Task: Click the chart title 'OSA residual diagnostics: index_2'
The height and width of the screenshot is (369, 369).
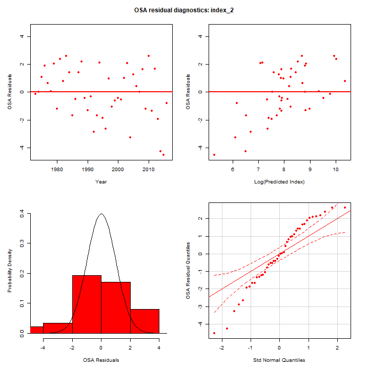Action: [x=184, y=10]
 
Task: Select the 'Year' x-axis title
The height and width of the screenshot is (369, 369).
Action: [x=101, y=181]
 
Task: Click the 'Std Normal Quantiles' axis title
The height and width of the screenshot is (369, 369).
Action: [x=279, y=360]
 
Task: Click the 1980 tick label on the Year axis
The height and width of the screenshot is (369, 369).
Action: [x=57, y=169]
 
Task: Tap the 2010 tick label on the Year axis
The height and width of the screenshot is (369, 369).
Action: [x=149, y=169]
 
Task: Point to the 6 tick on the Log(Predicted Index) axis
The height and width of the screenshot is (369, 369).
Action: [x=233, y=169]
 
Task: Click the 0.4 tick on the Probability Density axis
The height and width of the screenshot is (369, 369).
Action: [x=21, y=214]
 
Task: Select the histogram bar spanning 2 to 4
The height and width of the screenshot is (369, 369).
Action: [x=145, y=321]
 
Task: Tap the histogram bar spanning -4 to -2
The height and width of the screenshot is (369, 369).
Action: [x=58, y=328]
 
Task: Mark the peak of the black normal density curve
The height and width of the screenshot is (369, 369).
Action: [x=101, y=214]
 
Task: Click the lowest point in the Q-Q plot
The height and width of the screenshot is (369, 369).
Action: [x=214, y=333]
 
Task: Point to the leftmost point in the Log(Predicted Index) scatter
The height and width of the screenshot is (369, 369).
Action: [x=214, y=155]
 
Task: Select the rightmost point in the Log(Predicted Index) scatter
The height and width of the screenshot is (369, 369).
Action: [x=345, y=81]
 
